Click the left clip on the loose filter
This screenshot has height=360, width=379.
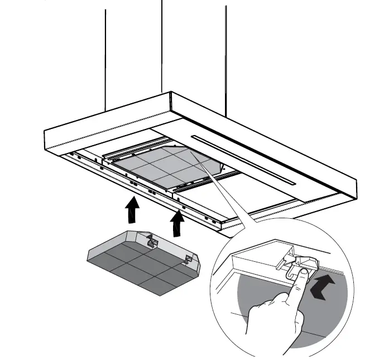coord(151,241)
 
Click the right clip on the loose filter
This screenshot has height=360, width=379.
coord(189,258)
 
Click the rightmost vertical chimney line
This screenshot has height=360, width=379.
coord(226,56)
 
